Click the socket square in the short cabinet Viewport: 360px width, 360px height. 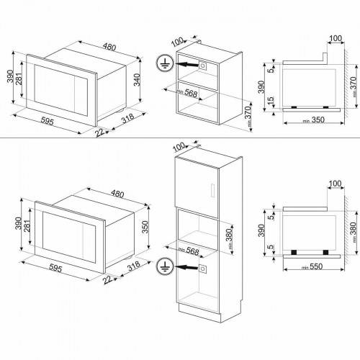(x=203, y=65)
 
